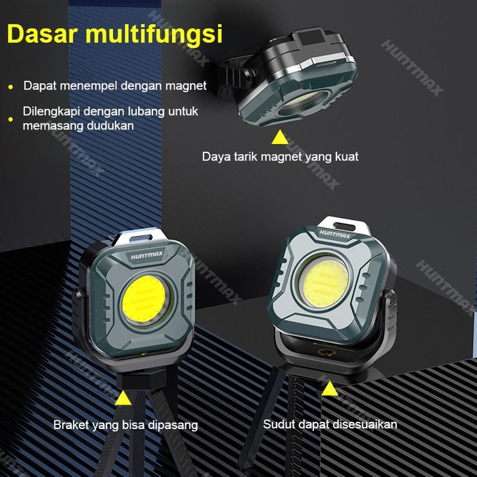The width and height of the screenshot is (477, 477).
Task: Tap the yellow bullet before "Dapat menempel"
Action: pos(11,86)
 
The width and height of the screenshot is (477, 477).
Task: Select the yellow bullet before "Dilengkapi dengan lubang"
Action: pos(11,119)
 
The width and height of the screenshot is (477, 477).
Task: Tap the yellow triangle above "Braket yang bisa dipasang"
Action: pos(124,398)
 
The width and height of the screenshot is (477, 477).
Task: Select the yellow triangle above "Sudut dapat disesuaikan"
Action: pos(329,388)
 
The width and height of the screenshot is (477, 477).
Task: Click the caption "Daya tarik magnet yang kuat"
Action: pos(280,157)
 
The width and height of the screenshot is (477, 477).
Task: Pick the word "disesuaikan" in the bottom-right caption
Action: pos(367,424)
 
